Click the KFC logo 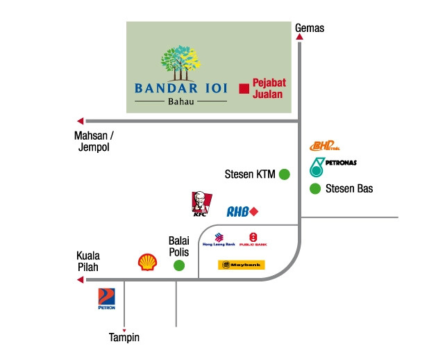point(200,204)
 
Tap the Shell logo point(148,261)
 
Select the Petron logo point(107,298)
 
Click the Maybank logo point(242,265)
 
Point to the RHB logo point(242,211)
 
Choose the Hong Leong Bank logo point(219,240)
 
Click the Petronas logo point(332,166)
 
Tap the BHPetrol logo point(324,146)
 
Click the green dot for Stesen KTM point(284,174)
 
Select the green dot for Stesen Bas point(315,188)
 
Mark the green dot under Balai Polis point(179,265)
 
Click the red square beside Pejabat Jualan point(244,88)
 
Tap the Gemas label point(310,28)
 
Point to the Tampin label point(124,338)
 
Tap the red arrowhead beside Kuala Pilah point(80,280)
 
